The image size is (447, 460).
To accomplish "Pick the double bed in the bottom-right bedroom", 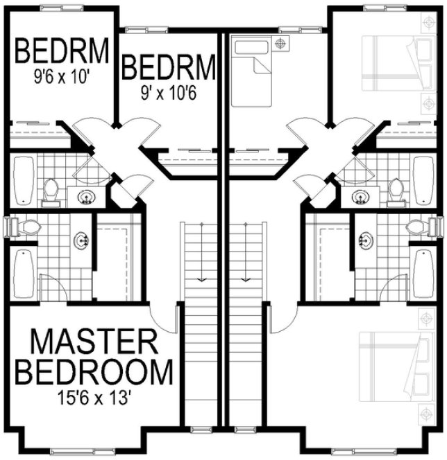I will (391, 367).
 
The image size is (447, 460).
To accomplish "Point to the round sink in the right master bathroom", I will (365, 241).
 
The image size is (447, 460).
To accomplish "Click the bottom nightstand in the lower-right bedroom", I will (425, 414).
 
